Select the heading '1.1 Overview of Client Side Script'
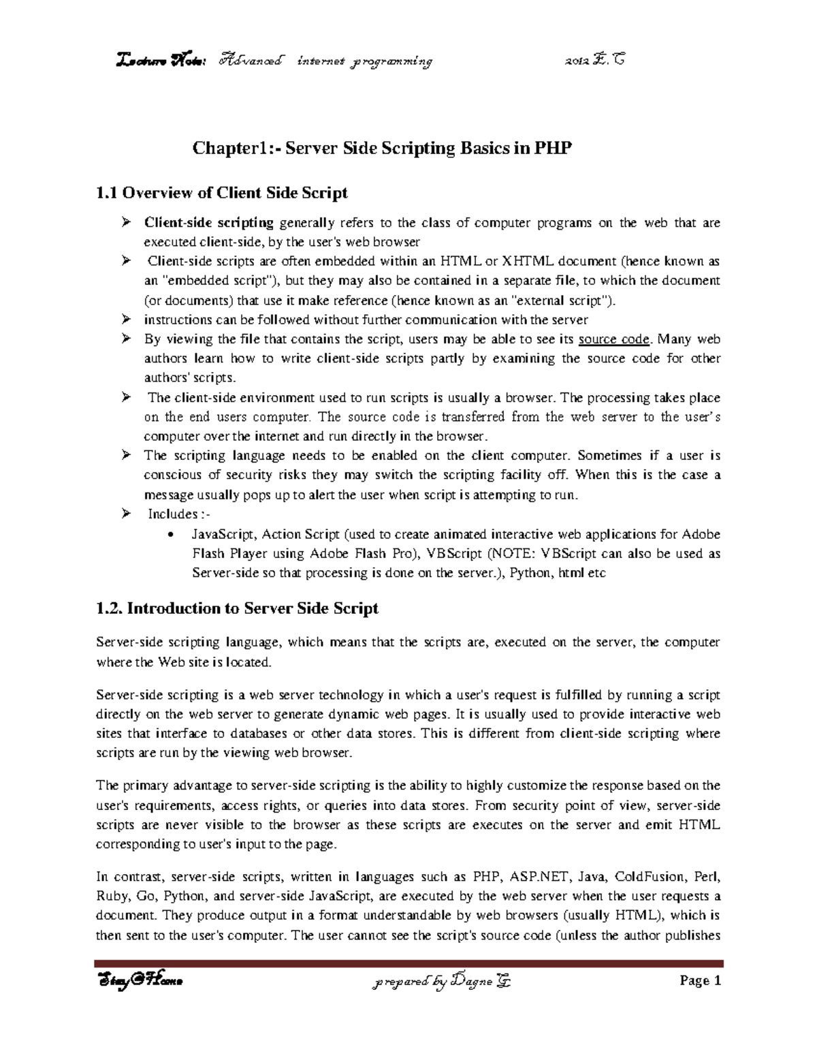[x=222, y=193]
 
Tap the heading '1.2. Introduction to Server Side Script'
[x=237, y=608]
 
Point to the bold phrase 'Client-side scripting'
[x=208, y=223]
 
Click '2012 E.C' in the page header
[x=596, y=61]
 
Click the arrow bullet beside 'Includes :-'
[x=126, y=514]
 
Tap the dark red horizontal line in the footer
[x=408, y=963]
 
